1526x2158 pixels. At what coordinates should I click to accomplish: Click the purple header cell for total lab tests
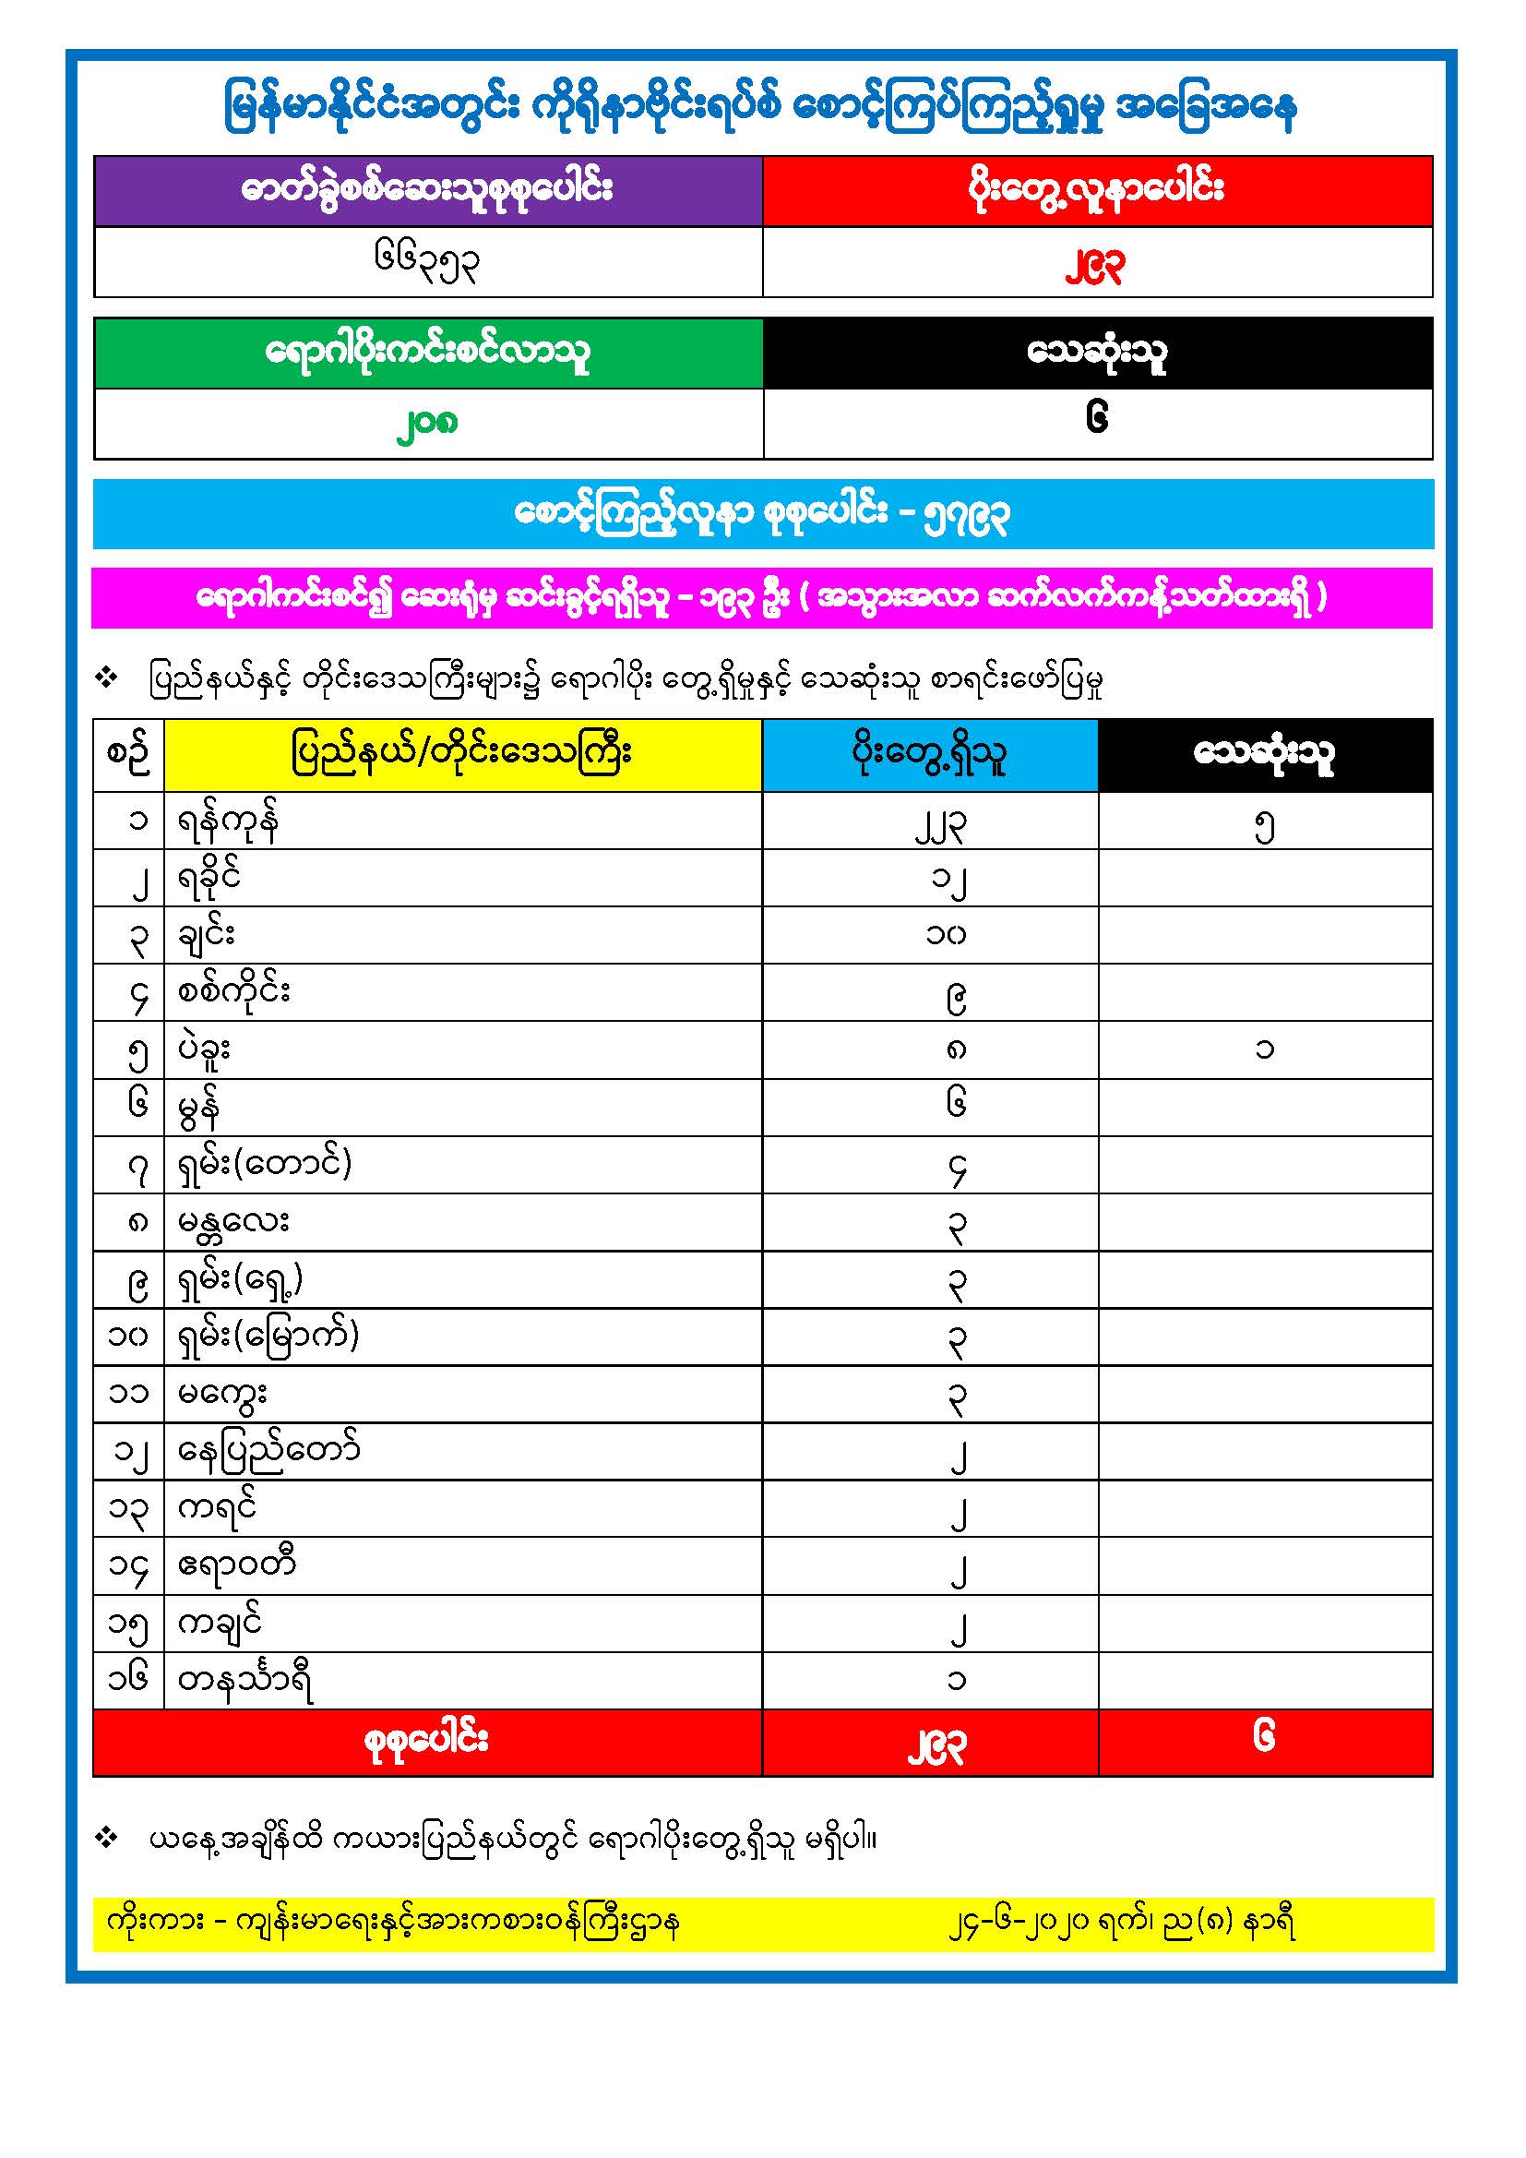tap(427, 190)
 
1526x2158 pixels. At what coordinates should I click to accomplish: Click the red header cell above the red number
tap(1097, 190)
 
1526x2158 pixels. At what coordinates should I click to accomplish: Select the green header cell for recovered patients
tap(427, 353)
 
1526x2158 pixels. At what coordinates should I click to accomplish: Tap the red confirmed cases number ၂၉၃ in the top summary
tap(1095, 268)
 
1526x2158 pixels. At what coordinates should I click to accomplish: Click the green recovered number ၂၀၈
tap(427, 425)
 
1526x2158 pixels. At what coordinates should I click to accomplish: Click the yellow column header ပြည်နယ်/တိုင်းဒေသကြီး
tap(462, 754)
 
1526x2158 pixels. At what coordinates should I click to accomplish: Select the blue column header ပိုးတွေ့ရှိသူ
tap(929, 754)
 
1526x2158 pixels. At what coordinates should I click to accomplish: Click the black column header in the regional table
tap(1265, 754)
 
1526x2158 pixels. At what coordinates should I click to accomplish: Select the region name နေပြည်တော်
tap(268, 1451)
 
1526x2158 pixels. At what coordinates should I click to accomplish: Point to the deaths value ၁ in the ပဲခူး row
tap(1265, 1049)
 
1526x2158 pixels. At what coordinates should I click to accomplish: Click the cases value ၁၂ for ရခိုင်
tap(948, 881)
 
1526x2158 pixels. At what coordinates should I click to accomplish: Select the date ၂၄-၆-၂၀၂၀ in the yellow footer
tap(1020, 1923)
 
